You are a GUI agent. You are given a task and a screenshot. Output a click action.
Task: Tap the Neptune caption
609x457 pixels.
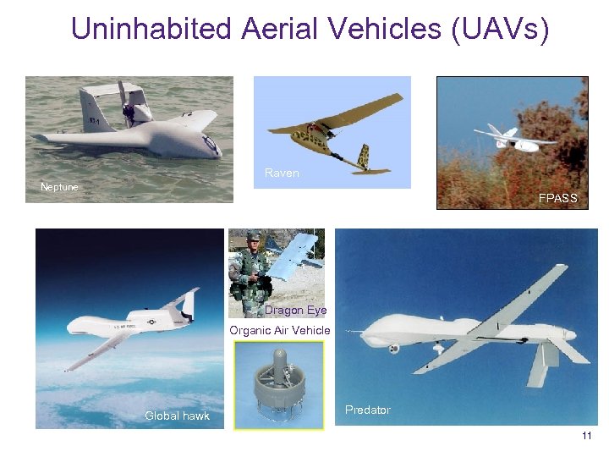(x=59, y=186)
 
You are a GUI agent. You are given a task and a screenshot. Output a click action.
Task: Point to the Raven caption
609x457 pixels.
(x=282, y=173)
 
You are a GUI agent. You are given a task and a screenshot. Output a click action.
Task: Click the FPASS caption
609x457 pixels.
(x=557, y=198)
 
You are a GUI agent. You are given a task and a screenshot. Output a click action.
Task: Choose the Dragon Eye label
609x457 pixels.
(x=296, y=311)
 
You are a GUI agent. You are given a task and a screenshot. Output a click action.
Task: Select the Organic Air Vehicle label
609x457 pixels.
(x=280, y=330)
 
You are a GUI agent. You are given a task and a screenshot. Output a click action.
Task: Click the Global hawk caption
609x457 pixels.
(x=177, y=416)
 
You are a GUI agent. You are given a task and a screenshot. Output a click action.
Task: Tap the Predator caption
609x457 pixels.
(x=368, y=410)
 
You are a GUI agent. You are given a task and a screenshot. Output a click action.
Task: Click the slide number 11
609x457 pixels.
(x=587, y=436)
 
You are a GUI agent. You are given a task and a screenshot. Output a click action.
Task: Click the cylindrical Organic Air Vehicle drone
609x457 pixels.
(x=278, y=385)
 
